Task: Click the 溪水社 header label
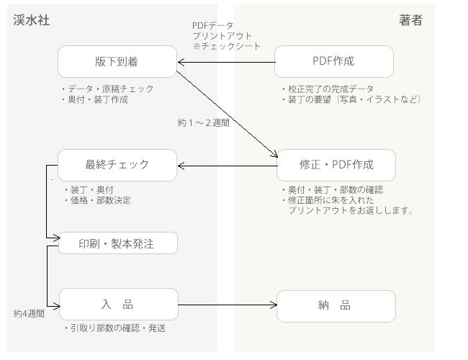(x=32, y=20)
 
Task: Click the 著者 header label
(x=410, y=20)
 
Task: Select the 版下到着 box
(x=117, y=61)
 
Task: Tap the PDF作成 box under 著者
(x=335, y=61)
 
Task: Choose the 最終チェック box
(x=117, y=165)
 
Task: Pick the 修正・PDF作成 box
(x=336, y=165)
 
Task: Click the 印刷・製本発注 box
(x=117, y=243)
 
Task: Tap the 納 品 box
(x=336, y=305)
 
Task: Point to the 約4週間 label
(x=30, y=314)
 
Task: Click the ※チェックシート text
(x=226, y=46)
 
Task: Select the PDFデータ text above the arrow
(x=214, y=25)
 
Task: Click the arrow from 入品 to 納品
(x=227, y=305)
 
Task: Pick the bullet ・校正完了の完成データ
(x=328, y=89)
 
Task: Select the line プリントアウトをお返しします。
(x=350, y=211)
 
